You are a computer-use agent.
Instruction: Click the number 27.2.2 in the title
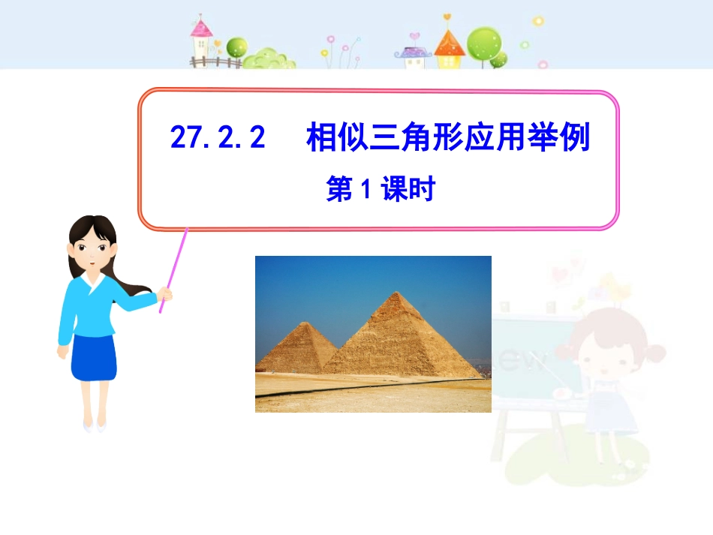[218, 137]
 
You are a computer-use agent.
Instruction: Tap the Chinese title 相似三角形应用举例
[448, 137]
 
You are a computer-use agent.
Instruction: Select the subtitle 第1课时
[381, 188]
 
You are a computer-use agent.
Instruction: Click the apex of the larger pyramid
[397, 292]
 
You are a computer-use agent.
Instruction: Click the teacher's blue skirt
[94, 357]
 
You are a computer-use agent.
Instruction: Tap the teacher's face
[92, 252]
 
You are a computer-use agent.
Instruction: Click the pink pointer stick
[173, 270]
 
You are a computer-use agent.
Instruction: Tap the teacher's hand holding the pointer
[165, 294]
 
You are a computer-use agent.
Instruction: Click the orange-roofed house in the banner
[450, 49]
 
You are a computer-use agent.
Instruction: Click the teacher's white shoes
[95, 426]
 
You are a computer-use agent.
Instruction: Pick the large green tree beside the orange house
[485, 44]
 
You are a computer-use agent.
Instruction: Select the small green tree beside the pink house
[237, 48]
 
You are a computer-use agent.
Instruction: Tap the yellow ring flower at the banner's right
[538, 21]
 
